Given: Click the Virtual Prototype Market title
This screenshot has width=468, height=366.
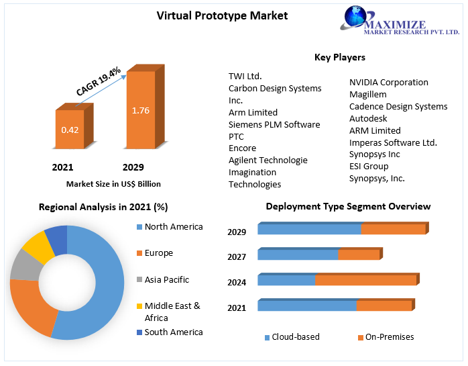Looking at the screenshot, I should (x=213, y=15).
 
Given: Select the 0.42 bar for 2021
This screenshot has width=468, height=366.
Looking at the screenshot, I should (x=70, y=129).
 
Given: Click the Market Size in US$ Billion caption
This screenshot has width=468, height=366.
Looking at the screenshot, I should (x=113, y=183).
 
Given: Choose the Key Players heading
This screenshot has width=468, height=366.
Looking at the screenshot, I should (x=339, y=58).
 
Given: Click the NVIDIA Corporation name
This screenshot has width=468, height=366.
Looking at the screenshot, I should (x=388, y=83).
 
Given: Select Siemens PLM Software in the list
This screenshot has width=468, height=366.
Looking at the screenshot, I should (x=274, y=125).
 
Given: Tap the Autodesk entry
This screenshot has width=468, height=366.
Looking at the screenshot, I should (x=368, y=119).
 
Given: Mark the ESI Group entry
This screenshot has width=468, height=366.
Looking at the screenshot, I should (x=368, y=167).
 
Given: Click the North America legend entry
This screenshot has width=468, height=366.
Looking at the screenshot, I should (x=173, y=227).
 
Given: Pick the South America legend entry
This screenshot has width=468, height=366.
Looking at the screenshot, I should (x=173, y=332).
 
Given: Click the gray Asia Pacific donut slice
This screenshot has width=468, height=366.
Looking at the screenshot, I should (x=25, y=265).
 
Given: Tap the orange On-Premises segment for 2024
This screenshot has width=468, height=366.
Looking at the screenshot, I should (x=365, y=280).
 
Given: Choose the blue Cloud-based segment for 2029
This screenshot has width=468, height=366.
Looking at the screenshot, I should (x=309, y=229).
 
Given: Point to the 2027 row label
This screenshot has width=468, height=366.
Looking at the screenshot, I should (x=237, y=257).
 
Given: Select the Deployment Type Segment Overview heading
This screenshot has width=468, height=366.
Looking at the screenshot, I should (x=348, y=207).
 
